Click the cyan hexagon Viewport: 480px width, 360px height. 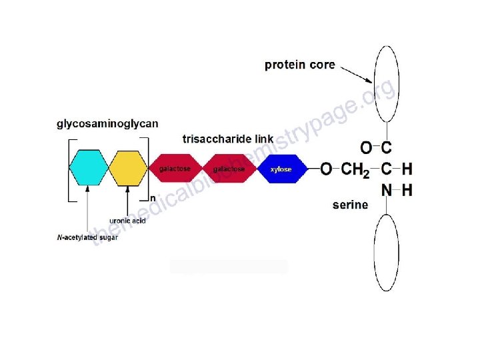pyautogui.click(x=88, y=168)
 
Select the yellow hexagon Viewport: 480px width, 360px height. pyautogui.click(x=128, y=168)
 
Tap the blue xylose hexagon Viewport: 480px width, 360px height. pyautogui.click(x=280, y=169)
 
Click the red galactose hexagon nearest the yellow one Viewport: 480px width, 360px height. pyautogui.click(x=175, y=169)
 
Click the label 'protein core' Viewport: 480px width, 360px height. pyautogui.click(x=299, y=65)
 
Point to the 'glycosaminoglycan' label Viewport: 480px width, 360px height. pyautogui.click(x=107, y=123)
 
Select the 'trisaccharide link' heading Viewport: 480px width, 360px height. pyautogui.click(x=227, y=139)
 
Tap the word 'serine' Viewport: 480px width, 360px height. pyautogui.click(x=350, y=205)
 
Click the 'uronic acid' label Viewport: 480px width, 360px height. pyautogui.click(x=127, y=221)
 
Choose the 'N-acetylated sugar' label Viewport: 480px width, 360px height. pyautogui.click(x=87, y=237)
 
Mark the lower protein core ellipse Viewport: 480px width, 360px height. pyautogui.click(x=387, y=251)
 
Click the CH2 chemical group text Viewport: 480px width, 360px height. pyautogui.click(x=355, y=170)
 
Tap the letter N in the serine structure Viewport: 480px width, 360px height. pyautogui.click(x=387, y=191)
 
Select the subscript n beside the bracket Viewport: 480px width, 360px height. pyautogui.click(x=152, y=198)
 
